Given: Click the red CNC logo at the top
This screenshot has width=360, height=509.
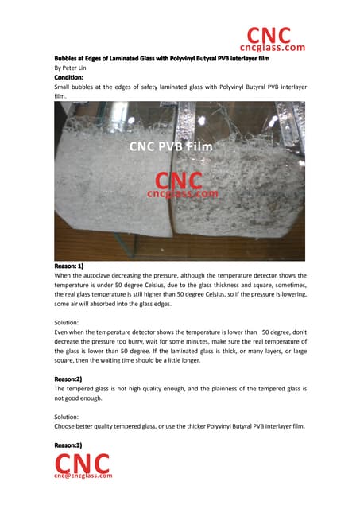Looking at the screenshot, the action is pyautogui.click(x=268, y=35).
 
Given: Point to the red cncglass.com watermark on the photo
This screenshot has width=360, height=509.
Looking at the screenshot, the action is pyautogui.click(x=180, y=192).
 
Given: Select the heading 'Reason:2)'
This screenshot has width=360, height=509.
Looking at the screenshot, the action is pyautogui.click(x=72, y=379).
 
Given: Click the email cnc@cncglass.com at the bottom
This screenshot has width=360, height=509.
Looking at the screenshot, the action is pyautogui.click(x=83, y=476).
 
